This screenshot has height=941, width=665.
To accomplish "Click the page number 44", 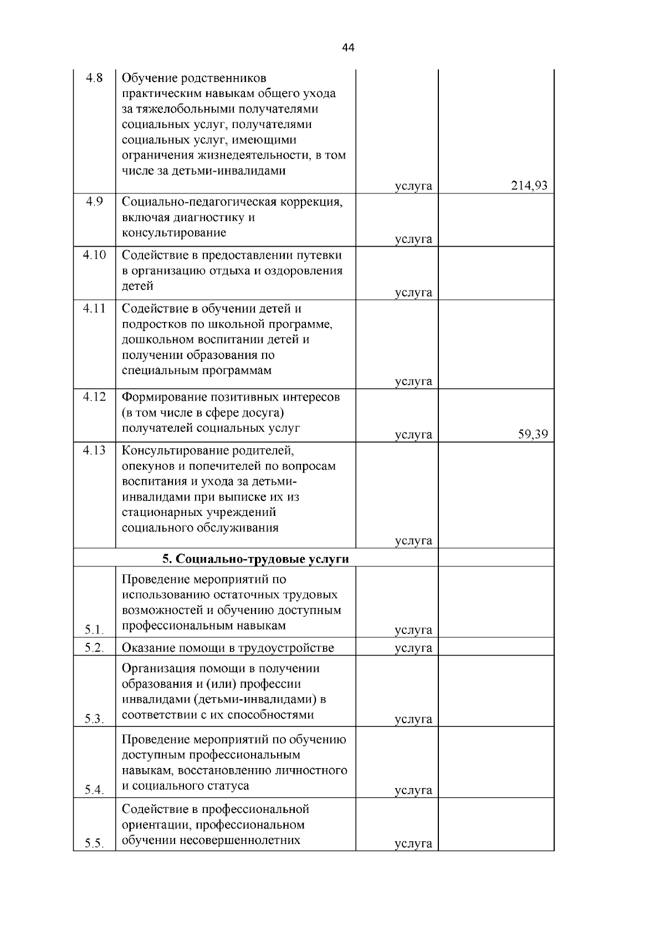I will coord(348,48).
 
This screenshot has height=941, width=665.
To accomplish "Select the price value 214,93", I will coord(529,186).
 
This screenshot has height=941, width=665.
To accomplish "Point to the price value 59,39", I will coord(533,434).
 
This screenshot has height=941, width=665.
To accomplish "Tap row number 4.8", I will coord(94,78).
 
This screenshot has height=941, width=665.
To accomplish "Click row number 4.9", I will coord(94,202).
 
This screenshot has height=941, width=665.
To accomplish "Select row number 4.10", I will coord(94,255).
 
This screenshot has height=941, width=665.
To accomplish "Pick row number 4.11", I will coord(94,308).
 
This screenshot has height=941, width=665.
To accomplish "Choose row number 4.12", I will coord(94,397).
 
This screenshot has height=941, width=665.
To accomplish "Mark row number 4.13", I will coord(94,450).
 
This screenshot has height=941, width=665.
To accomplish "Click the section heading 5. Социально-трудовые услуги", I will coord(255,559).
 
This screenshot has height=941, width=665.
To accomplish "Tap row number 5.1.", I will coord(95,630).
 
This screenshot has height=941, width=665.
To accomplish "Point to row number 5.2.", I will coord(95,647).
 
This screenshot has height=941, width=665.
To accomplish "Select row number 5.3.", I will coord(95,719).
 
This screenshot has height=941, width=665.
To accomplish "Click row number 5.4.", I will coord(95,790).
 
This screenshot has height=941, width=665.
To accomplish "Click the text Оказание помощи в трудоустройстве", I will coord(228,647).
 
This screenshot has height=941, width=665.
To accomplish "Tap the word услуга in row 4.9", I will coord(413,239).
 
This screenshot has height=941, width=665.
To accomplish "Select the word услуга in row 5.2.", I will coord(413,647).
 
